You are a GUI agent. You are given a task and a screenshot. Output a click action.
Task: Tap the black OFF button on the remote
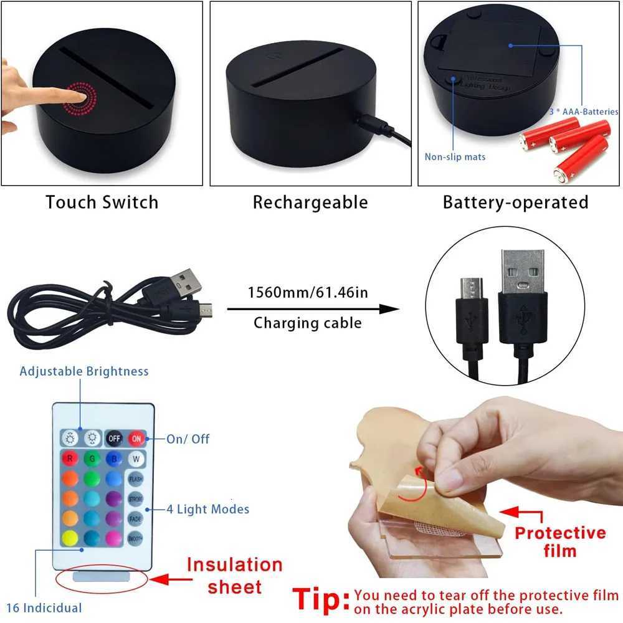[x=114, y=438]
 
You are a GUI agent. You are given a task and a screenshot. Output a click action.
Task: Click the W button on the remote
[x=136, y=459]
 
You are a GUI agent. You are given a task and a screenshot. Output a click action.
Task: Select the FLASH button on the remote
[x=136, y=479]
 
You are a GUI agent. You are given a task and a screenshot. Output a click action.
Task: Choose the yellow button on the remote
[x=69, y=537]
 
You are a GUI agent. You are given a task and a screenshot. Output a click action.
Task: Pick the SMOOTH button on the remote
[x=136, y=537]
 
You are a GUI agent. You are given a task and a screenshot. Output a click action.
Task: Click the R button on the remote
[x=69, y=459]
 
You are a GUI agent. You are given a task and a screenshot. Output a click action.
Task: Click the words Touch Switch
[x=102, y=202]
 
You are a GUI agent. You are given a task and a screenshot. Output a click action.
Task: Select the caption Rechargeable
[x=310, y=202]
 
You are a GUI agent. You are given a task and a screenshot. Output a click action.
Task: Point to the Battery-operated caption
[x=515, y=202]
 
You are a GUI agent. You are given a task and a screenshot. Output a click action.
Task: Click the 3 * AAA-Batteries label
[x=583, y=112]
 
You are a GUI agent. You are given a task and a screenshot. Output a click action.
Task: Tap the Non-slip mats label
[x=455, y=157]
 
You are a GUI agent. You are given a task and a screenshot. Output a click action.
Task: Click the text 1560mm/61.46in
[x=308, y=292]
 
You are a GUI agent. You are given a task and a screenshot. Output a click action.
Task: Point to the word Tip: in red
[x=321, y=600]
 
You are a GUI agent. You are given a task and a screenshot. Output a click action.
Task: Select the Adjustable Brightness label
[x=84, y=371]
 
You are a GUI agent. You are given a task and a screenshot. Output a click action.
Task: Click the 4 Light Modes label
[x=207, y=509]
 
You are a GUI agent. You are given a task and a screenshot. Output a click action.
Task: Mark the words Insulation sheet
[x=234, y=576]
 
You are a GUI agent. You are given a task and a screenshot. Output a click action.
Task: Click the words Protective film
[x=551, y=541]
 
